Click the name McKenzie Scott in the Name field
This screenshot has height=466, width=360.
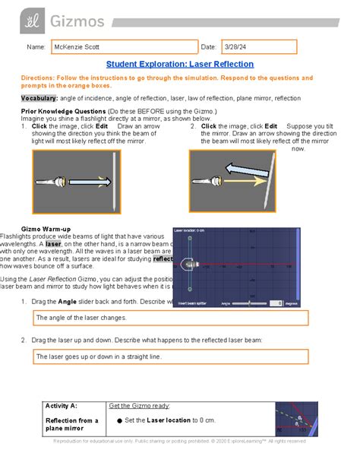[x=77, y=48]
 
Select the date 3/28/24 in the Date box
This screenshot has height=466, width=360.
[x=235, y=48]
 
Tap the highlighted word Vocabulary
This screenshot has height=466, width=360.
[x=39, y=99]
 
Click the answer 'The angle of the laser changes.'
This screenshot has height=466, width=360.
[x=82, y=318]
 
